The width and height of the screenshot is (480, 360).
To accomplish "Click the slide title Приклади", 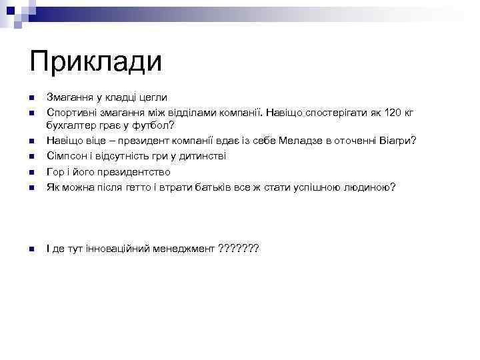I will click(x=96, y=63).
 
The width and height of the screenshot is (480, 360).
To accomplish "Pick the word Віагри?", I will click(x=397, y=140).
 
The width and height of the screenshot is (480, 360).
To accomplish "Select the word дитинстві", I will click(x=200, y=156).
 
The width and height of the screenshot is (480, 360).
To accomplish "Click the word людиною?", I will click(x=369, y=187).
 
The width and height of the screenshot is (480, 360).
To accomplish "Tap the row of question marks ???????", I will click(x=239, y=249).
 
